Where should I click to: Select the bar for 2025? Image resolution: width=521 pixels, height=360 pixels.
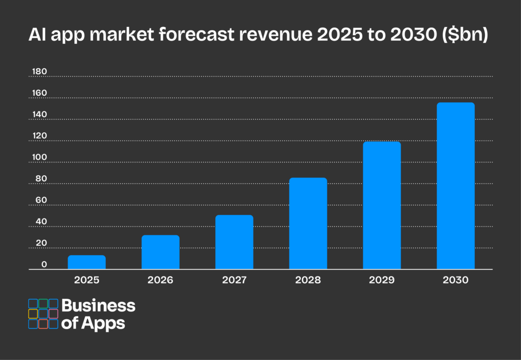tap(86, 262)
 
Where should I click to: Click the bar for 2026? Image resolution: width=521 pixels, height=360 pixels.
tap(160, 252)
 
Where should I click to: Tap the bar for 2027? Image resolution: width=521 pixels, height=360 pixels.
tap(234, 242)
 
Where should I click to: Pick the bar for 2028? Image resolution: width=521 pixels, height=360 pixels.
tap(308, 224)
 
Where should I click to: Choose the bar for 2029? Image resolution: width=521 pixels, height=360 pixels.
tap(382, 205)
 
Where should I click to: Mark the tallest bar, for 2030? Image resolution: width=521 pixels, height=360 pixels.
tap(455, 186)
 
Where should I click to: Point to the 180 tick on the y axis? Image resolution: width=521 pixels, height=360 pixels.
tap(39, 72)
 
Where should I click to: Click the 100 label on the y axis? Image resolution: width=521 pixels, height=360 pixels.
tap(39, 157)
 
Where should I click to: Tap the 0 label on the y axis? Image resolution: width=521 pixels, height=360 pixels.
tap(44, 264)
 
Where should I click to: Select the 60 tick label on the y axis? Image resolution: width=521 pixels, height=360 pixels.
tap(41, 200)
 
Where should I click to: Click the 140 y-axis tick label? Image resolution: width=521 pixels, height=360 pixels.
tap(39, 115)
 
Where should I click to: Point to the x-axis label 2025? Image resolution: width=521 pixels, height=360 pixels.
tap(86, 280)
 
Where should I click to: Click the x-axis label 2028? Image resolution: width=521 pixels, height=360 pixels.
tap(308, 280)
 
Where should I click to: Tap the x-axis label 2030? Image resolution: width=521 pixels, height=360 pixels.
tap(455, 280)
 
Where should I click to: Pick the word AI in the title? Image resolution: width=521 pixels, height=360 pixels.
tap(35, 36)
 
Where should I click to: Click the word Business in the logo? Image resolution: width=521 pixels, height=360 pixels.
tap(99, 306)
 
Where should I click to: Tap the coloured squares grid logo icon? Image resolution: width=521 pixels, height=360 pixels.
tap(43, 314)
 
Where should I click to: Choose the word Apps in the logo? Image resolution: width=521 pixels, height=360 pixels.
tap(106, 323)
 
